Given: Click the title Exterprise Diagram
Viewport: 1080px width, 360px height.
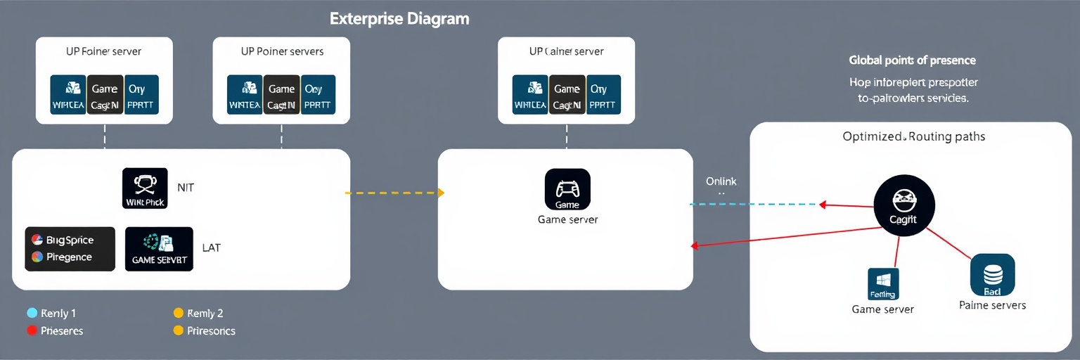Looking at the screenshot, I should [x=399, y=19].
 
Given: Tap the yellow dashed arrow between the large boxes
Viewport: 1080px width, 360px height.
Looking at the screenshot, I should [x=394, y=192].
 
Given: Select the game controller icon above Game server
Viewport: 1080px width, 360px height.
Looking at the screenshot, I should [x=567, y=189].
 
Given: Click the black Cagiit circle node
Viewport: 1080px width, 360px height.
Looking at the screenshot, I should [x=904, y=205].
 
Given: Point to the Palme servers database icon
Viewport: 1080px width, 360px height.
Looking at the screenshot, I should [x=992, y=274].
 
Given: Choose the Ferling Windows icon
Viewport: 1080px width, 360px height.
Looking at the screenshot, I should [x=883, y=283].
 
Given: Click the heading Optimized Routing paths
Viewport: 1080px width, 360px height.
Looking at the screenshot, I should [x=913, y=136].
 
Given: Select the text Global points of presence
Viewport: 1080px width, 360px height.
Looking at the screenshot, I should [x=912, y=60].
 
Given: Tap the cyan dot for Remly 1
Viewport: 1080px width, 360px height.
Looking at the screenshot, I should [x=32, y=313].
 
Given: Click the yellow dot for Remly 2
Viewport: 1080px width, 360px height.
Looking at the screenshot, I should [x=178, y=313].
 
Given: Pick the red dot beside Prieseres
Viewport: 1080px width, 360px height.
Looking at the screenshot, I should [x=32, y=330].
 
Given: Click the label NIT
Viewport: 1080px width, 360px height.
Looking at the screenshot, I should [x=186, y=188].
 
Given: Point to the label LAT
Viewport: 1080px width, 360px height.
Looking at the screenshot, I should [x=211, y=247].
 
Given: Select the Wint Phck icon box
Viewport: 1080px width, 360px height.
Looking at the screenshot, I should [x=145, y=188].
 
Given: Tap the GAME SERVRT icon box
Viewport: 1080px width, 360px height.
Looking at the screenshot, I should [x=159, y=249].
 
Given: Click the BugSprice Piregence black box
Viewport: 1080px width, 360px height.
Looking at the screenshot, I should [x=70, y=249].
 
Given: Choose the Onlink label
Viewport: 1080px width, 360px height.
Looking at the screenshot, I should [x=721, y=181].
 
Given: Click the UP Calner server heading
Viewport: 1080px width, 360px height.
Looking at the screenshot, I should [x=566, y=51].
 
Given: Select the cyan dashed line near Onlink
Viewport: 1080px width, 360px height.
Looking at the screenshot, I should [x=752, y=205].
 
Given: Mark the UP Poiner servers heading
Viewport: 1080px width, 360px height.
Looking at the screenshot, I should [x=281, y=51].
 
